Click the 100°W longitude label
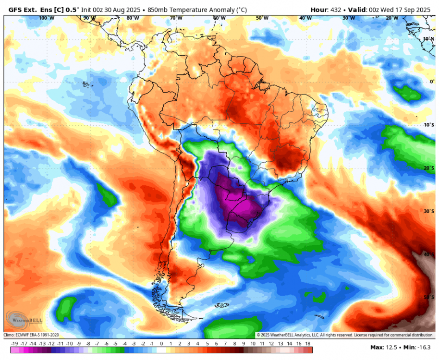(x=46, y=18)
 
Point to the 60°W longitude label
(x=219, y=18)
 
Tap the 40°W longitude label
(x=305, y=18)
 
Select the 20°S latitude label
(x=429, y=168)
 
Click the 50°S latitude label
(x=429, y=298)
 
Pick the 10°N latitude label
(x=429, y=38)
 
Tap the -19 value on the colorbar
(x=14, y=344)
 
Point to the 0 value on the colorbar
(x=161, y=344)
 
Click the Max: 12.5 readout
(x=384, y=347)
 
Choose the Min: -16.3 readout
(x=418, y=347)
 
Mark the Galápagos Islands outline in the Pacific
(x=86, y=85)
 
